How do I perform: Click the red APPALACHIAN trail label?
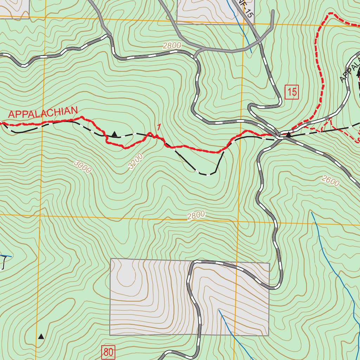click(x=42, y=113)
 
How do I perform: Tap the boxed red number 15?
click(x=292, y=92)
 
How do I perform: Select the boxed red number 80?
click(x=108, y=352)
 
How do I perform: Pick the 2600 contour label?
click(x=330, y=181)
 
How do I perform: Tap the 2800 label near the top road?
click(x=172, y=46)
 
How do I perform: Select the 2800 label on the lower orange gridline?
click(x=196, y=216)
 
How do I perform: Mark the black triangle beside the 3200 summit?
click(x=114, y=134)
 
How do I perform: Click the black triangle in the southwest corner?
click(x=41, y=336)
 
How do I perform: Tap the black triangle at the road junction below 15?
click(x=288, y=134)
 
